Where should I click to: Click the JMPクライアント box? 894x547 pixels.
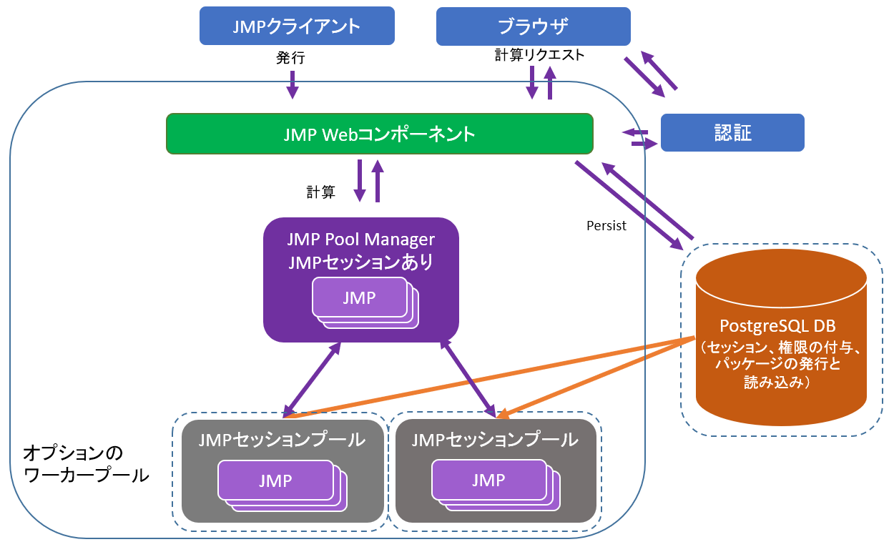tap(296, 26)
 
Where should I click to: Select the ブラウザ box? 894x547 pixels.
tap(533, 26)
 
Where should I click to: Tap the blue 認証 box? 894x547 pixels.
tap(732, 133)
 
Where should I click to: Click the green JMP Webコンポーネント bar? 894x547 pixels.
tap(379, 134)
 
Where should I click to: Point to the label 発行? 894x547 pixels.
tap(290, 58)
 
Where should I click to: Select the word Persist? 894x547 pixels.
tap(606, 226)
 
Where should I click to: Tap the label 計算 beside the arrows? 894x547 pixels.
tap(320, 192)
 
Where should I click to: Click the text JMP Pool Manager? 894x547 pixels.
tap(360, 239)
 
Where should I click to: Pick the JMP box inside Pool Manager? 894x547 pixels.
tap(359, 297)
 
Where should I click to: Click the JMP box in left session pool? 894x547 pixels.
tap(275, 481)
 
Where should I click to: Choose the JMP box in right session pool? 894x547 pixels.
tap(489, 480)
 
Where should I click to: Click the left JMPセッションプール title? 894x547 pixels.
tap(282, 440)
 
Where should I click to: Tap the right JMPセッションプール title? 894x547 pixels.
tap(495, 440)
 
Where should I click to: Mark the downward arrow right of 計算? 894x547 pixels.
tap(360, 180)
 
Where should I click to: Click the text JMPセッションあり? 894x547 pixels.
tap(360, 262)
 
